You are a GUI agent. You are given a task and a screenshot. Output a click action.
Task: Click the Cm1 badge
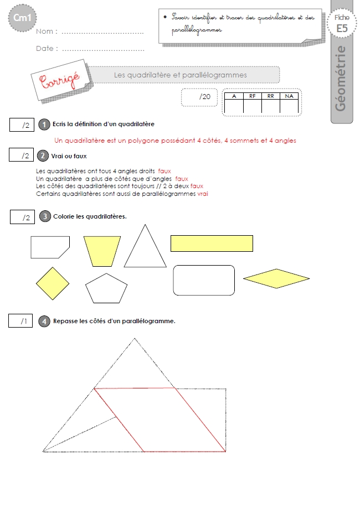[x=22, y=18]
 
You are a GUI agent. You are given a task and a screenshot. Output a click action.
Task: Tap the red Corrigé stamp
[x=60, y=80]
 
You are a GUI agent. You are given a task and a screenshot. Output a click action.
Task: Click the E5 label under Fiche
[x=342, y=29]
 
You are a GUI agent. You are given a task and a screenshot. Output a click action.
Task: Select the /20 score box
[x=199, y=97]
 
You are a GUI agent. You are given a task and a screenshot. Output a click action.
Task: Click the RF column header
[x=253, y=96]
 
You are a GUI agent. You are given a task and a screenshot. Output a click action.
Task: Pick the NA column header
[x=289, y=96]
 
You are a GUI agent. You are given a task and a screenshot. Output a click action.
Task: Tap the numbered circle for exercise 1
[x=44, y=125]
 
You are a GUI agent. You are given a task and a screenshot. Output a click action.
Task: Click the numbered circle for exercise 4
[x=44, y=322]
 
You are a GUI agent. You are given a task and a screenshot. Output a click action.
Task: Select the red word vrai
[x=203, y=194]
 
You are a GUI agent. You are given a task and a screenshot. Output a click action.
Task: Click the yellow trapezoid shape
[x=102, y=251]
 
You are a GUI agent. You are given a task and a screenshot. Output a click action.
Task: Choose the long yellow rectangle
[x=212, y=243]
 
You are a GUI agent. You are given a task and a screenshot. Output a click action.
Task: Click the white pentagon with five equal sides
[x=106, y=289]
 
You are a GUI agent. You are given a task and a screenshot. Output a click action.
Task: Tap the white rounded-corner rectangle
[x=204, y=280]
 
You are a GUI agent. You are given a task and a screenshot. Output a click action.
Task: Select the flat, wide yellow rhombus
[x=276, y=278]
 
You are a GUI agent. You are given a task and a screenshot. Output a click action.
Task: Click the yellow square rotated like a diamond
[x=53, y=283]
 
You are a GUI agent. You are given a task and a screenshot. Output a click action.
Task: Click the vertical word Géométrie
[x=341, y=79]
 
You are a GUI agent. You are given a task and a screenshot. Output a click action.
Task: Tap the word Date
[x=45, y=48]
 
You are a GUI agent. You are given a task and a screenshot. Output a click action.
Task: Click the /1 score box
[x=20, y=321]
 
